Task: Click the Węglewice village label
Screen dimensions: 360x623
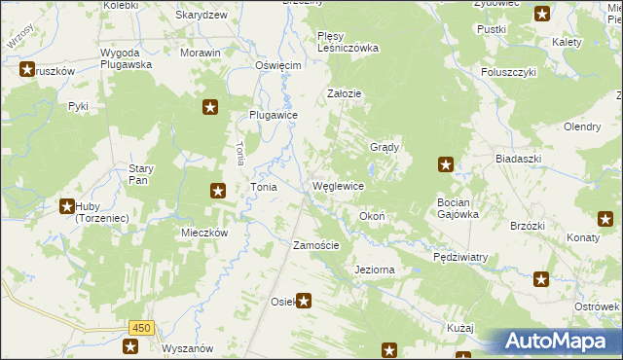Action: [x=338, y=186]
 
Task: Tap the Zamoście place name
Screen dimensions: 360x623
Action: [x=316, y=245]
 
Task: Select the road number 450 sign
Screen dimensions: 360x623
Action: [x=140, y=328]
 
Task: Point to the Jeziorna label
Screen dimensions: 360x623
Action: [x=375, y=269]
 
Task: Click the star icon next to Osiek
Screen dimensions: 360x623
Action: [x=305, y=302]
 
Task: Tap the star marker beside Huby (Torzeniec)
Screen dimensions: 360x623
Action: [x=66, y=205]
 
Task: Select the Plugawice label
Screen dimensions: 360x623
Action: [x=273, y=114]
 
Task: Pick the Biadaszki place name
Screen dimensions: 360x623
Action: [x=517, y=159]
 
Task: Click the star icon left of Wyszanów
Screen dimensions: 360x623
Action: [x=130, y=345]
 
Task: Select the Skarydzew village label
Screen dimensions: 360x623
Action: [x=202, y=16]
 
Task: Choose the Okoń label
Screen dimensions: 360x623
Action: [x=373, y=216]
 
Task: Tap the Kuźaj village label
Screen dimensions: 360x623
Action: [x=459, y=328]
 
